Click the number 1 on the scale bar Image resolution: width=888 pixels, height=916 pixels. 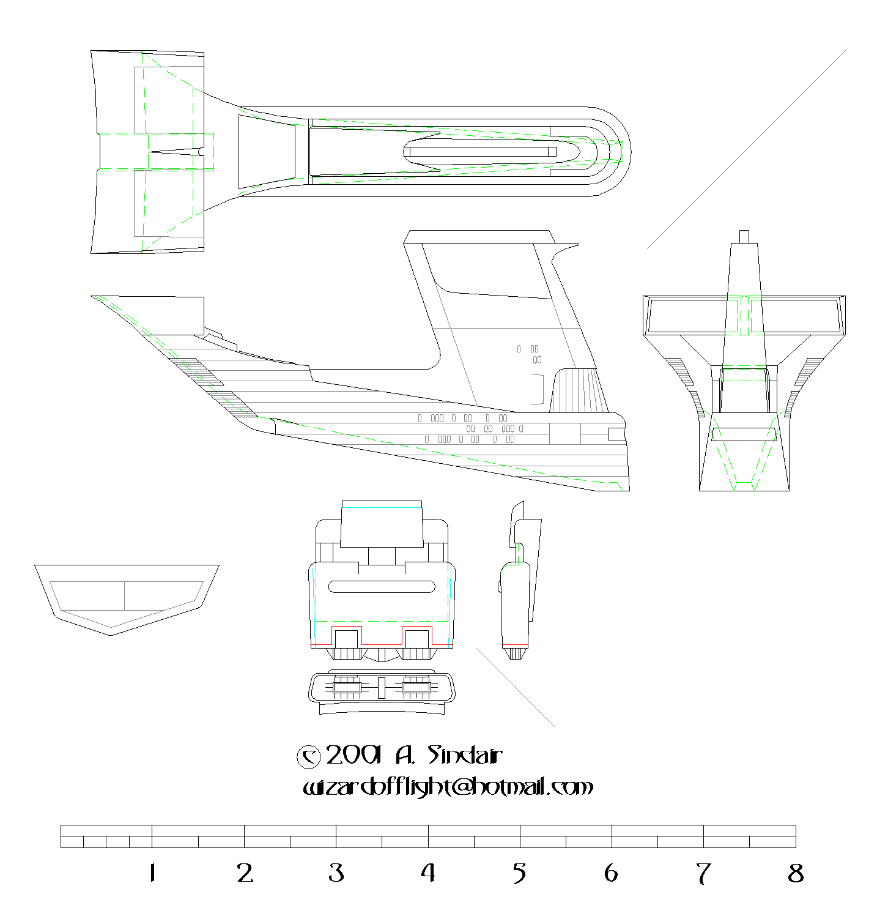click(152, 873)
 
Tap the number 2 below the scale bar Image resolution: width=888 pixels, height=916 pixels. click(245, 873)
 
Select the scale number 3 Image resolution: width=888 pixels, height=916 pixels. click(336, 873)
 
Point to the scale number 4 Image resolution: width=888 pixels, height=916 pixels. click(428, 873)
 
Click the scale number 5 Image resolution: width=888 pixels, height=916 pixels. click(520, 874)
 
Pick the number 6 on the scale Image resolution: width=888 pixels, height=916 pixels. click(611, 873)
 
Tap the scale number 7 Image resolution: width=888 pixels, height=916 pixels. click(703, 874)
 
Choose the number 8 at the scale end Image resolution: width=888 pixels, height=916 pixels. click(796, 873)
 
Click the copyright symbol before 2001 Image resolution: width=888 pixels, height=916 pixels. click(308, 757)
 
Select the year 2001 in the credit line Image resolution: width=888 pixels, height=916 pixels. click(353, 755)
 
